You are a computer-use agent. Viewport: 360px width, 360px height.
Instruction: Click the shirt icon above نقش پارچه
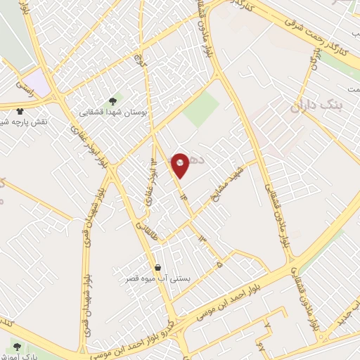[19, 110]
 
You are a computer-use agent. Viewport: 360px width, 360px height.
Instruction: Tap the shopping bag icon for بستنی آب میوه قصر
[157, 267]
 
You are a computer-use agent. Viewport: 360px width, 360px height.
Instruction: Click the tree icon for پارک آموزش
[15, 346]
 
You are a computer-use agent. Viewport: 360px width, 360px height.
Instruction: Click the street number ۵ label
[219, 264]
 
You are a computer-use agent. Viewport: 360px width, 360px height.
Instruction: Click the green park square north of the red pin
[202, 108]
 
